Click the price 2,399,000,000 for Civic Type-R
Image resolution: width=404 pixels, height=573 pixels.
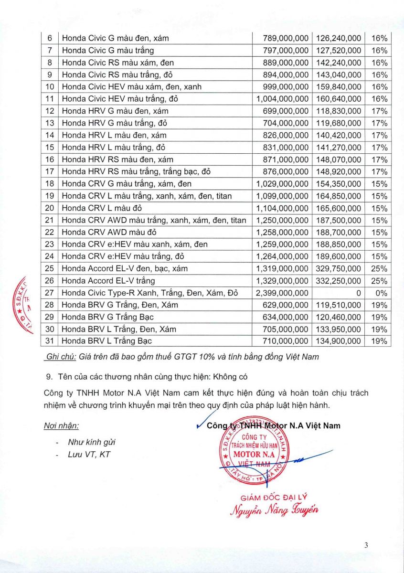tap(282, 293)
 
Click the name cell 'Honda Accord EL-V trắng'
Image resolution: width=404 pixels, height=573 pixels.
tap(108, 281)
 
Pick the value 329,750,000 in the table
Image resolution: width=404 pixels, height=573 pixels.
tap(337, 268)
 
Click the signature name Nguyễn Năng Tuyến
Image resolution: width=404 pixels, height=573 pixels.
tap(274, 510)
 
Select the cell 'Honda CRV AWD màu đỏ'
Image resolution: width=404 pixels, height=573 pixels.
tap(109, 232)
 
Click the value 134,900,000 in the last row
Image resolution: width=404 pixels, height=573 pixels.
tap(337, 341)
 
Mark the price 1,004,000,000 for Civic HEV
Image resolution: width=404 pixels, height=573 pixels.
tap(282, 99)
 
